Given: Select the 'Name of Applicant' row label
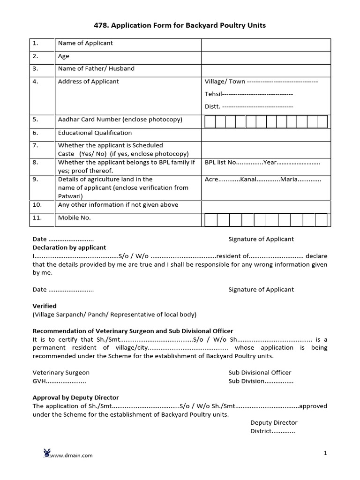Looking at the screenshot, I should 85,43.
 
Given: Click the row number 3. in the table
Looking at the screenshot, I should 35,68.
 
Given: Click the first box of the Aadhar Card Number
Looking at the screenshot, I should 210,122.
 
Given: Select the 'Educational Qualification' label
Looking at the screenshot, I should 95,133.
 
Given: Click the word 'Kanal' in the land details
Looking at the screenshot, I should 249,179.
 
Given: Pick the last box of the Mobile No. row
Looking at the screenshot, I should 321,220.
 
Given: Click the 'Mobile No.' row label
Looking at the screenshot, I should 74,217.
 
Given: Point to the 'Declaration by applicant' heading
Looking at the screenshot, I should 69,247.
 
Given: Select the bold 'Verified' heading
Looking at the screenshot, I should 45,306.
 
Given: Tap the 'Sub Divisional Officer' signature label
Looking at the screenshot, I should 260,372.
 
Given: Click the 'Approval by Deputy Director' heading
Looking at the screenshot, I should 75,397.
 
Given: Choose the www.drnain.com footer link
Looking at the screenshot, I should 71,455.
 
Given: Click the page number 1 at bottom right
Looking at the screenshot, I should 325,453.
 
